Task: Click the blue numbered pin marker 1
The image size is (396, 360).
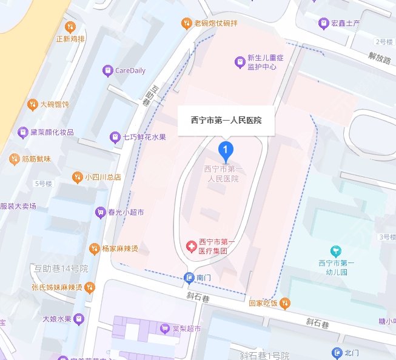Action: click(x=226, y=148)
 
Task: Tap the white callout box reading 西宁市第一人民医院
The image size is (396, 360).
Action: click(x=227, y=121)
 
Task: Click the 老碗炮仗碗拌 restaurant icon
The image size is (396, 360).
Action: click(x=187, y=24)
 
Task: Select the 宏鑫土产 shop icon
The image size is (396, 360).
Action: click(x=323, y=24)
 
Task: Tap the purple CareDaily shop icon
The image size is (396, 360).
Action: click(x=108, y=70)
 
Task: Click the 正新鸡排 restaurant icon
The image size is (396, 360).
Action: click(x=70, y=26)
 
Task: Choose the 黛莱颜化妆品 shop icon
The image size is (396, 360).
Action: click(x=23, y=132)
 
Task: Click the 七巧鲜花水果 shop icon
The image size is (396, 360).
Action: click(x=115, y=137)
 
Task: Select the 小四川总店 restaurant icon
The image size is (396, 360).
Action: click(x=77, y=177)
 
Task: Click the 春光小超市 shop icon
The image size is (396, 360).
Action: click(x=100, y=213)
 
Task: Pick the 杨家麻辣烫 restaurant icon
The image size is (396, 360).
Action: click(x=94, y=248)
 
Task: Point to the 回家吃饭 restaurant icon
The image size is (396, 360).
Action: click(x=285, y=302)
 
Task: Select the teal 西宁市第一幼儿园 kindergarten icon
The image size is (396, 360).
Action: click(x=333, y=250)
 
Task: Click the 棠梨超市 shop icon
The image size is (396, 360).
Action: click(x=164, y=328)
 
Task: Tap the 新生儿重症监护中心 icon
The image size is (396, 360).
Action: click(x=240, y=62)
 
